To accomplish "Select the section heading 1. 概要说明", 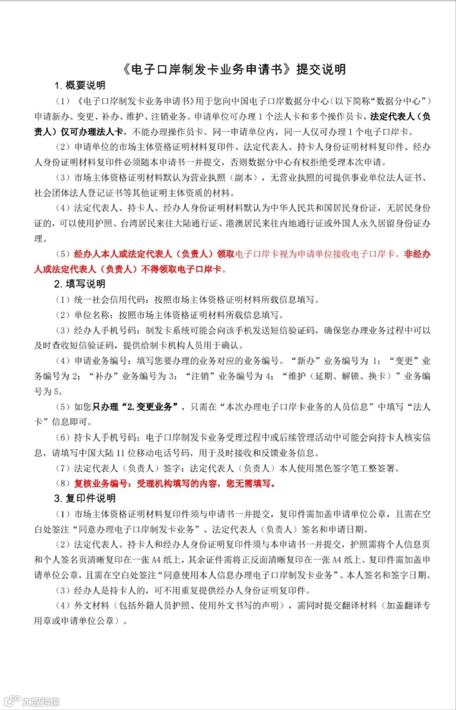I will click(80, 85).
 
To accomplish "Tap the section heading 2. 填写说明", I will click(80, 284).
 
